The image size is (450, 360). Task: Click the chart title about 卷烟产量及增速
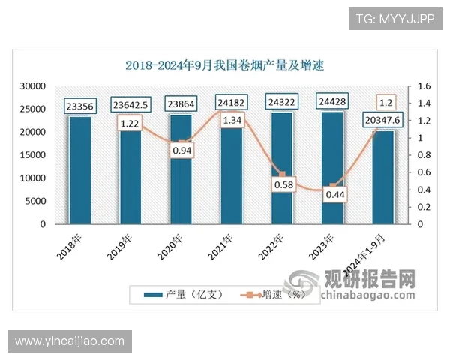tap(224, 65)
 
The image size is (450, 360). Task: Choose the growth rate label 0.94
tap(181, 151)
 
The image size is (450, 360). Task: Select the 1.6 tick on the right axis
tap(417, 86)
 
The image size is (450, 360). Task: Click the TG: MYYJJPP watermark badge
tap(394, 19)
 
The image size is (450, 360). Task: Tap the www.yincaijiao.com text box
tap(70, 341)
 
